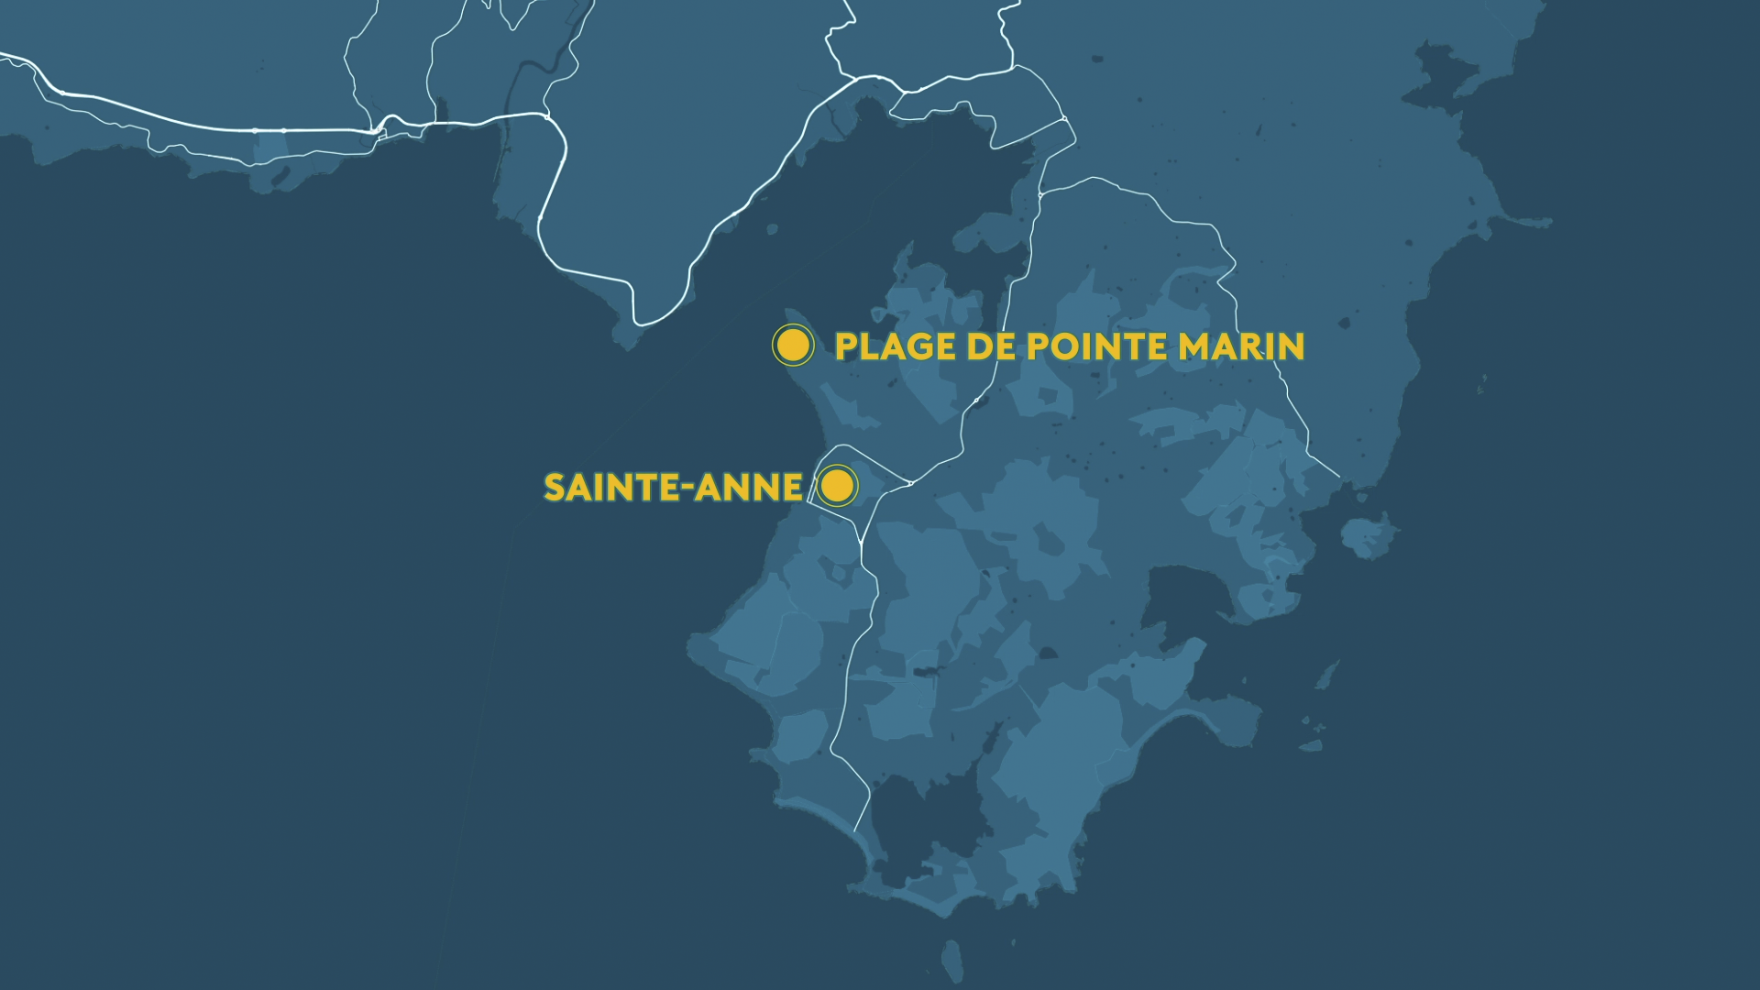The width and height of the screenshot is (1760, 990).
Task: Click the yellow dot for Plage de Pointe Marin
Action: click(793, 346)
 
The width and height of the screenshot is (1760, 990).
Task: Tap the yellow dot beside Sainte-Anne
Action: click(837, 486)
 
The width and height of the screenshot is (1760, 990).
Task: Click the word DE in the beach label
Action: click(991, 346)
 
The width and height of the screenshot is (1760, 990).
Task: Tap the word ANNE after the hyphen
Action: click(749, 487)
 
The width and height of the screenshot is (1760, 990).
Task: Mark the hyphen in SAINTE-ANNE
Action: click(688, 489)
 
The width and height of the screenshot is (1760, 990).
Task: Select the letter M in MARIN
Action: click(1196, 346)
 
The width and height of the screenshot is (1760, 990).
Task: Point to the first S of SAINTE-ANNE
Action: click(555, 487)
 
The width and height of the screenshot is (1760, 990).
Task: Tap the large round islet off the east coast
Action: click(1369, 536)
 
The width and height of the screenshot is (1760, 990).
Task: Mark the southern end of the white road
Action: click(855, 830)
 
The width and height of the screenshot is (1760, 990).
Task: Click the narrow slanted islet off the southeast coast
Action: click(1325, 676)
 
